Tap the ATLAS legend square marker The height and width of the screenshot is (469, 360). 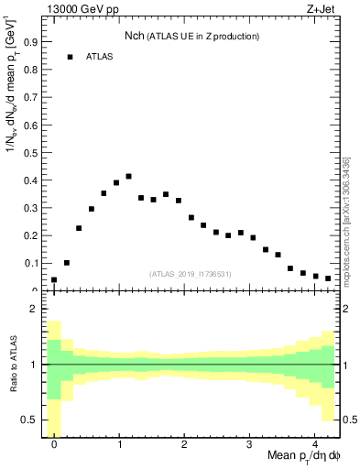click(x=70, y=57)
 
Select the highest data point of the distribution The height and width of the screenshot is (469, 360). click(x=129, y=176)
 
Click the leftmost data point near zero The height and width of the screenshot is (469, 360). click(x=54, y=279)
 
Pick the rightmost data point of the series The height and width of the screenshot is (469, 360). click(x=328, y=278)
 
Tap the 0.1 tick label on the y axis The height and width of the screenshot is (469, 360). click(x=30, y=263)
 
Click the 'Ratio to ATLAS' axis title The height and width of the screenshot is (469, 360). click(x=12, y=365)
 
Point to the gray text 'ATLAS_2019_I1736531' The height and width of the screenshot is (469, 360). click(x=191, y=273)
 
